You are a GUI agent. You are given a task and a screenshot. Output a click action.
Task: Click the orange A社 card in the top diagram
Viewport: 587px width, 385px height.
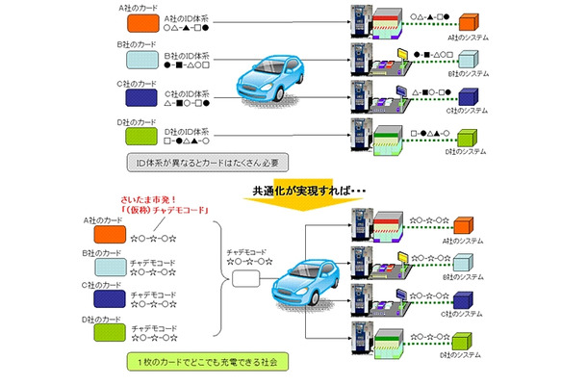141,22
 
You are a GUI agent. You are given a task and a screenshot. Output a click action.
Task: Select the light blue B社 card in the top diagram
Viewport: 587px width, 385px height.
141,60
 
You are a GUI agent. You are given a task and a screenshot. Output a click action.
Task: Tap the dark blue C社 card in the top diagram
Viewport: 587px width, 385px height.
141,97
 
